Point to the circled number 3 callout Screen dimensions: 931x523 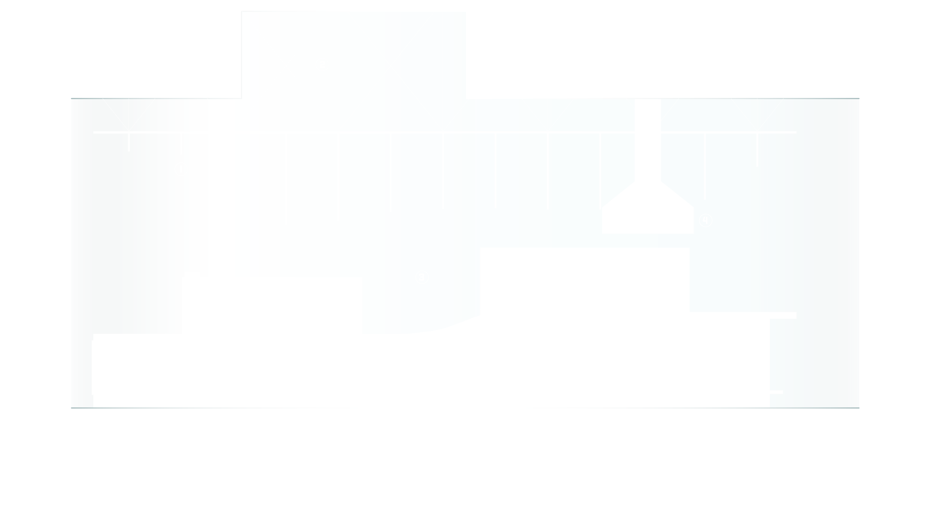tap(422, 277)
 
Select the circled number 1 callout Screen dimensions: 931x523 tap(181, 169)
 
